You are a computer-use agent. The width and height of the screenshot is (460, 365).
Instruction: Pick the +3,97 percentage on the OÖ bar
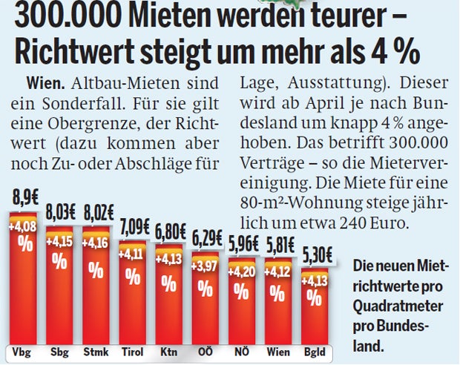(205, 265)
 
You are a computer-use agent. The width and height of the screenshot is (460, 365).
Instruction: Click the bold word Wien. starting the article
(45, 82)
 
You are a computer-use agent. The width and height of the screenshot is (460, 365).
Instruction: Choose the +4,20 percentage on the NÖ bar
(241, 271)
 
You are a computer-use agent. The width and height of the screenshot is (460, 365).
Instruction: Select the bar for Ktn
(168, 297)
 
